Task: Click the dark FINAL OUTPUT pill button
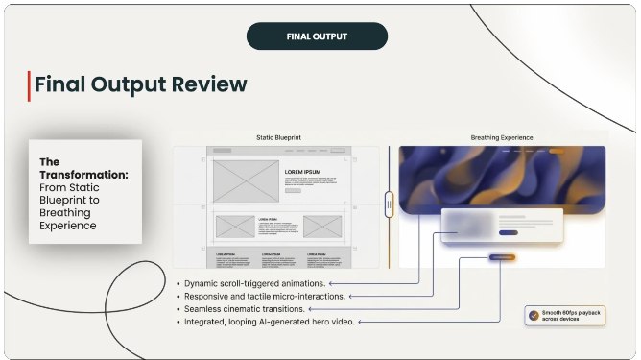tap(317, 36)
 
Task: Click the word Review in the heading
tap(204, 84)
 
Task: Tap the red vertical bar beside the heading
tap(29, 84)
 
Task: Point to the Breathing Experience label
tap(501, 137)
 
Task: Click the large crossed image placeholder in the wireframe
tap(244, 180)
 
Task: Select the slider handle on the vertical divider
tap(389, 204)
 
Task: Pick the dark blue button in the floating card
tap(509, 232)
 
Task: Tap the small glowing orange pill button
tap(502, 257)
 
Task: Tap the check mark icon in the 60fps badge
tap(533, 314)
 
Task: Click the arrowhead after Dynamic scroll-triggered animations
tap(330, 284)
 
